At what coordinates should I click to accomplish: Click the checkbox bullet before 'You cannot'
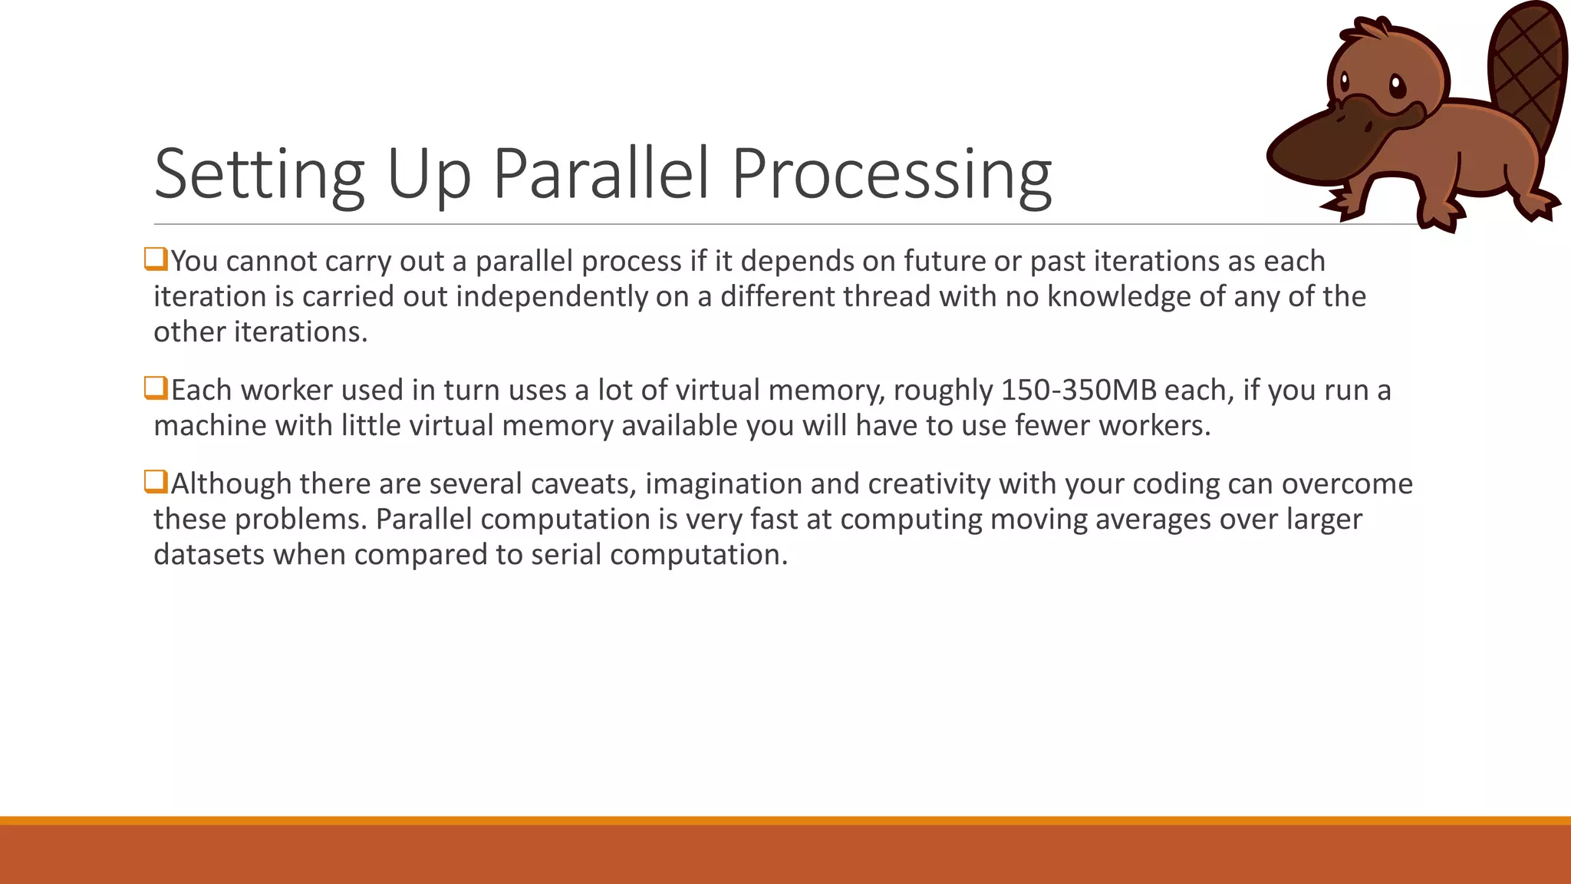click(x=156, y=259)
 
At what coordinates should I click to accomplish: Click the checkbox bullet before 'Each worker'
click(x=156, y=388)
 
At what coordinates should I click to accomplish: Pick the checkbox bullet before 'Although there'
click(x=156, y=482)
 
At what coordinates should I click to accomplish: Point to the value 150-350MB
click(x=1079, y=391)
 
